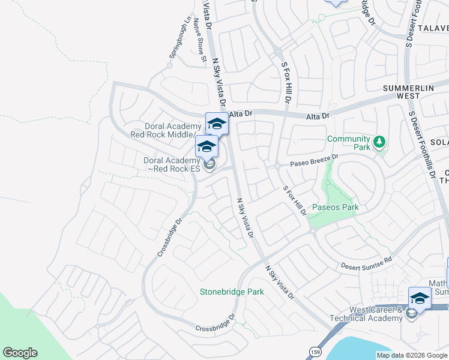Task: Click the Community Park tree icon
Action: [x=379, y=142]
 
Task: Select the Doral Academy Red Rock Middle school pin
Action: [x=217, y=124]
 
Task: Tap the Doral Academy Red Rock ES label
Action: [x=171, y=164]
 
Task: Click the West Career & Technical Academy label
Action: [x=366, y=313]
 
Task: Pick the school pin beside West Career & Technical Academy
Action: [x=420, y=298]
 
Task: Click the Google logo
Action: [x=20, y=353]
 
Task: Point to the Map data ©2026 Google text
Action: [x=412, y=355]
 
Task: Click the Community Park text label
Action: [x=348, y=143]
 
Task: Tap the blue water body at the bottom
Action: [x=384, y=347]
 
